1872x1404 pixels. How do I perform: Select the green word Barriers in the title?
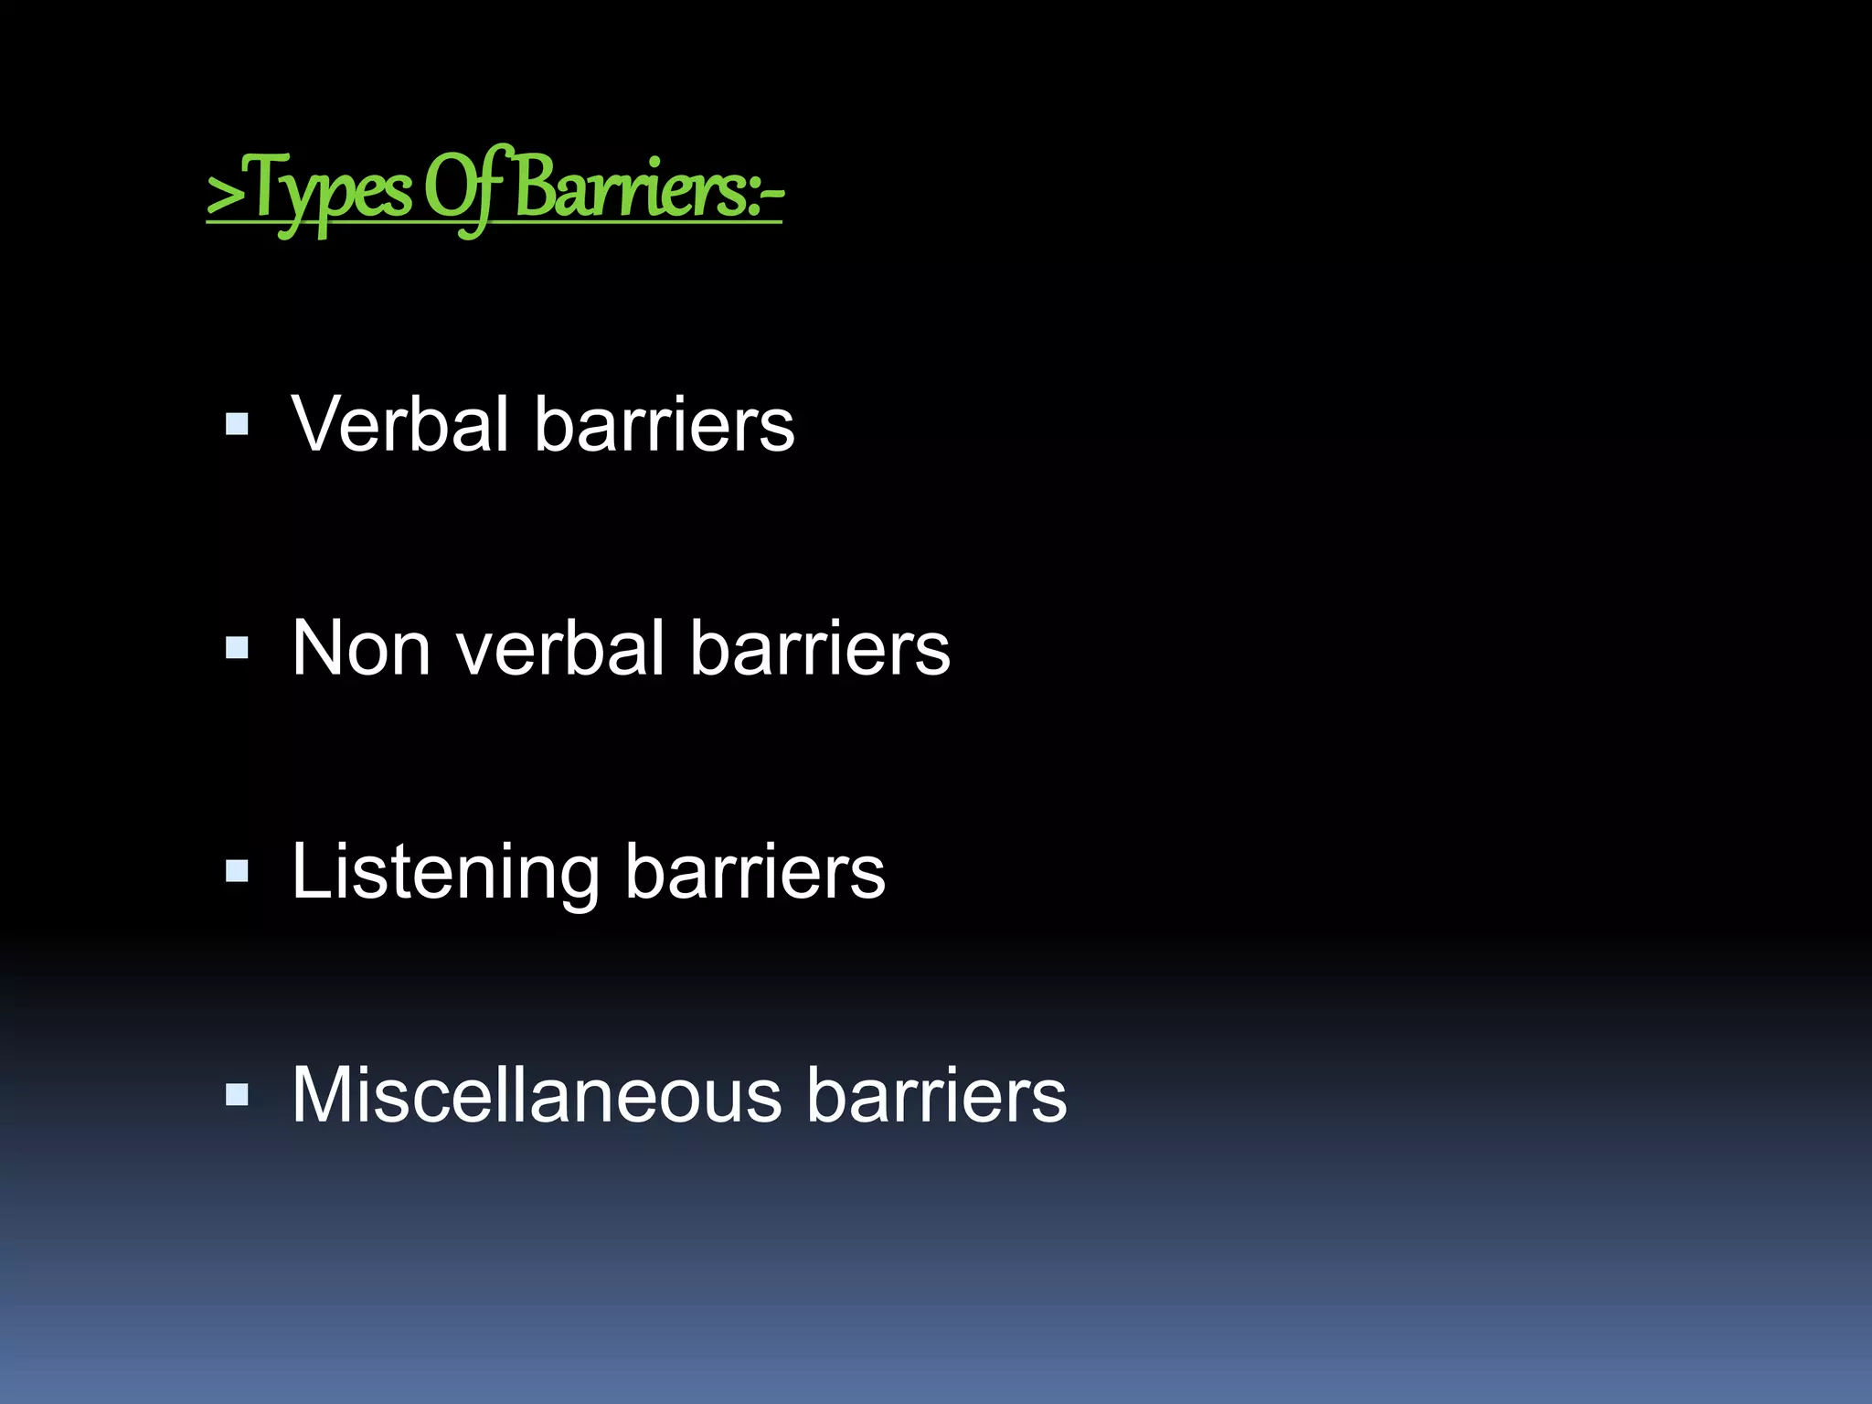coord(631,190)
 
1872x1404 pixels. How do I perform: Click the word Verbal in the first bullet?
coord(399,424)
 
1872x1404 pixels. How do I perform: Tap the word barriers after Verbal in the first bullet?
coord(665,424)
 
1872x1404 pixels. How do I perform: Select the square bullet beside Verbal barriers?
coord(237,424)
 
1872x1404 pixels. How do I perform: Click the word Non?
coord(361,648)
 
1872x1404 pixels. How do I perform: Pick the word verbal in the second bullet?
coord(559,648)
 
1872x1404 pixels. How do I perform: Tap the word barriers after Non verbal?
coord(820,648)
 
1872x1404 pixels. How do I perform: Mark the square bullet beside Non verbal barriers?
coord(237,648)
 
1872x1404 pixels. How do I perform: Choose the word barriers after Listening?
coord(755,872)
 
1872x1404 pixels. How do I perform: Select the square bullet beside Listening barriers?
coord(237,872)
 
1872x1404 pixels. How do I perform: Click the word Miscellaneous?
coord(537,1095)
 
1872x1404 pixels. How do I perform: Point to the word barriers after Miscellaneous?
coord(937,1095)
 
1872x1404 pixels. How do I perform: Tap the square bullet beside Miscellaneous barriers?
coord(237,1095)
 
